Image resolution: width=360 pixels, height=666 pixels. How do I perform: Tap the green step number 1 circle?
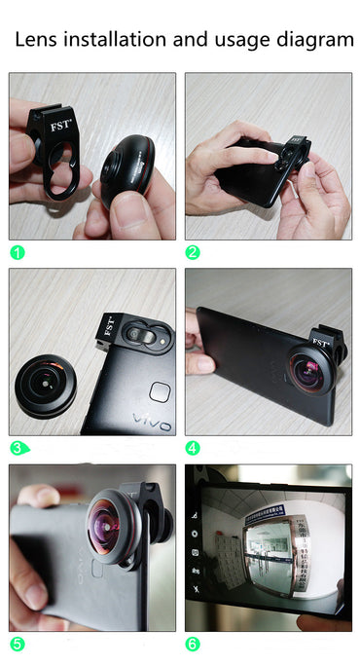pos(18,252)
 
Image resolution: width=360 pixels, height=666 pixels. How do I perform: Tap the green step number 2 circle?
pos(194,252)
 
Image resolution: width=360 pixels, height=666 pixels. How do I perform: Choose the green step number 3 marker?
pos(18,448)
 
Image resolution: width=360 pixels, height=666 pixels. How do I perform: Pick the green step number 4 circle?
pos(194,448)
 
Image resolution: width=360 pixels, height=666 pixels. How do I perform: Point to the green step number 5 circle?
pos(18,645)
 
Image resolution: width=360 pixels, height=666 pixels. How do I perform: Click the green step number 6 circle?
pos(194,645)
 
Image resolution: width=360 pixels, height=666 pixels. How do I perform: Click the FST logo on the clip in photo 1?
pos(58,125)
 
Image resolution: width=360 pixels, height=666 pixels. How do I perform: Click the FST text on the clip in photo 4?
pos(322,342)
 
